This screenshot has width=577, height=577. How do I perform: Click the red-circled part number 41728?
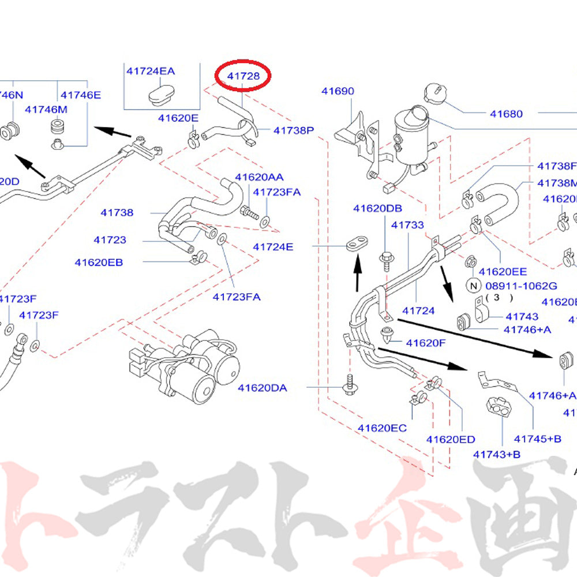tap(243, 76)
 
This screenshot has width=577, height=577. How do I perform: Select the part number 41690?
tap(338, 91)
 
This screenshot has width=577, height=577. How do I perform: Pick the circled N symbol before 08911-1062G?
tap(473, 285)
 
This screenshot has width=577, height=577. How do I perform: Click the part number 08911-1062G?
tap(521, 285)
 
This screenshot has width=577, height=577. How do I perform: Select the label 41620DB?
tap(378, 208)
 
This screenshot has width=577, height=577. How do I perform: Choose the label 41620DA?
tap(262, 388)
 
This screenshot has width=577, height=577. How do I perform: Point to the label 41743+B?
tap(497, 454)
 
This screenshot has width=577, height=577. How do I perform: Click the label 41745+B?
tap(538, 439)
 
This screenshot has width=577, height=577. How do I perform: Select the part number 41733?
tap(407, 225)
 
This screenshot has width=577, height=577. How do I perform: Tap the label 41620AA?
tap(259, 177)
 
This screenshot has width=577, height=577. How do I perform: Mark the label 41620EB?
tap(99, 262)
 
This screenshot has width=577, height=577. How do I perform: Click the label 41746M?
tap(46, 109)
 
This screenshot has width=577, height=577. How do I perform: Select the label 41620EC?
tap(381, 428)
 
